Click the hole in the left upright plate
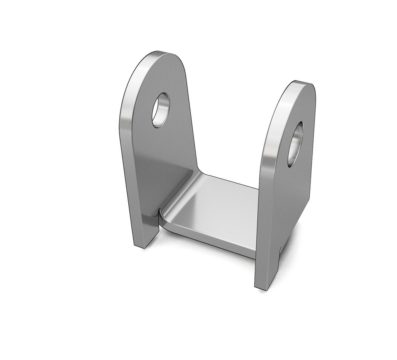tap(160, 110)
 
